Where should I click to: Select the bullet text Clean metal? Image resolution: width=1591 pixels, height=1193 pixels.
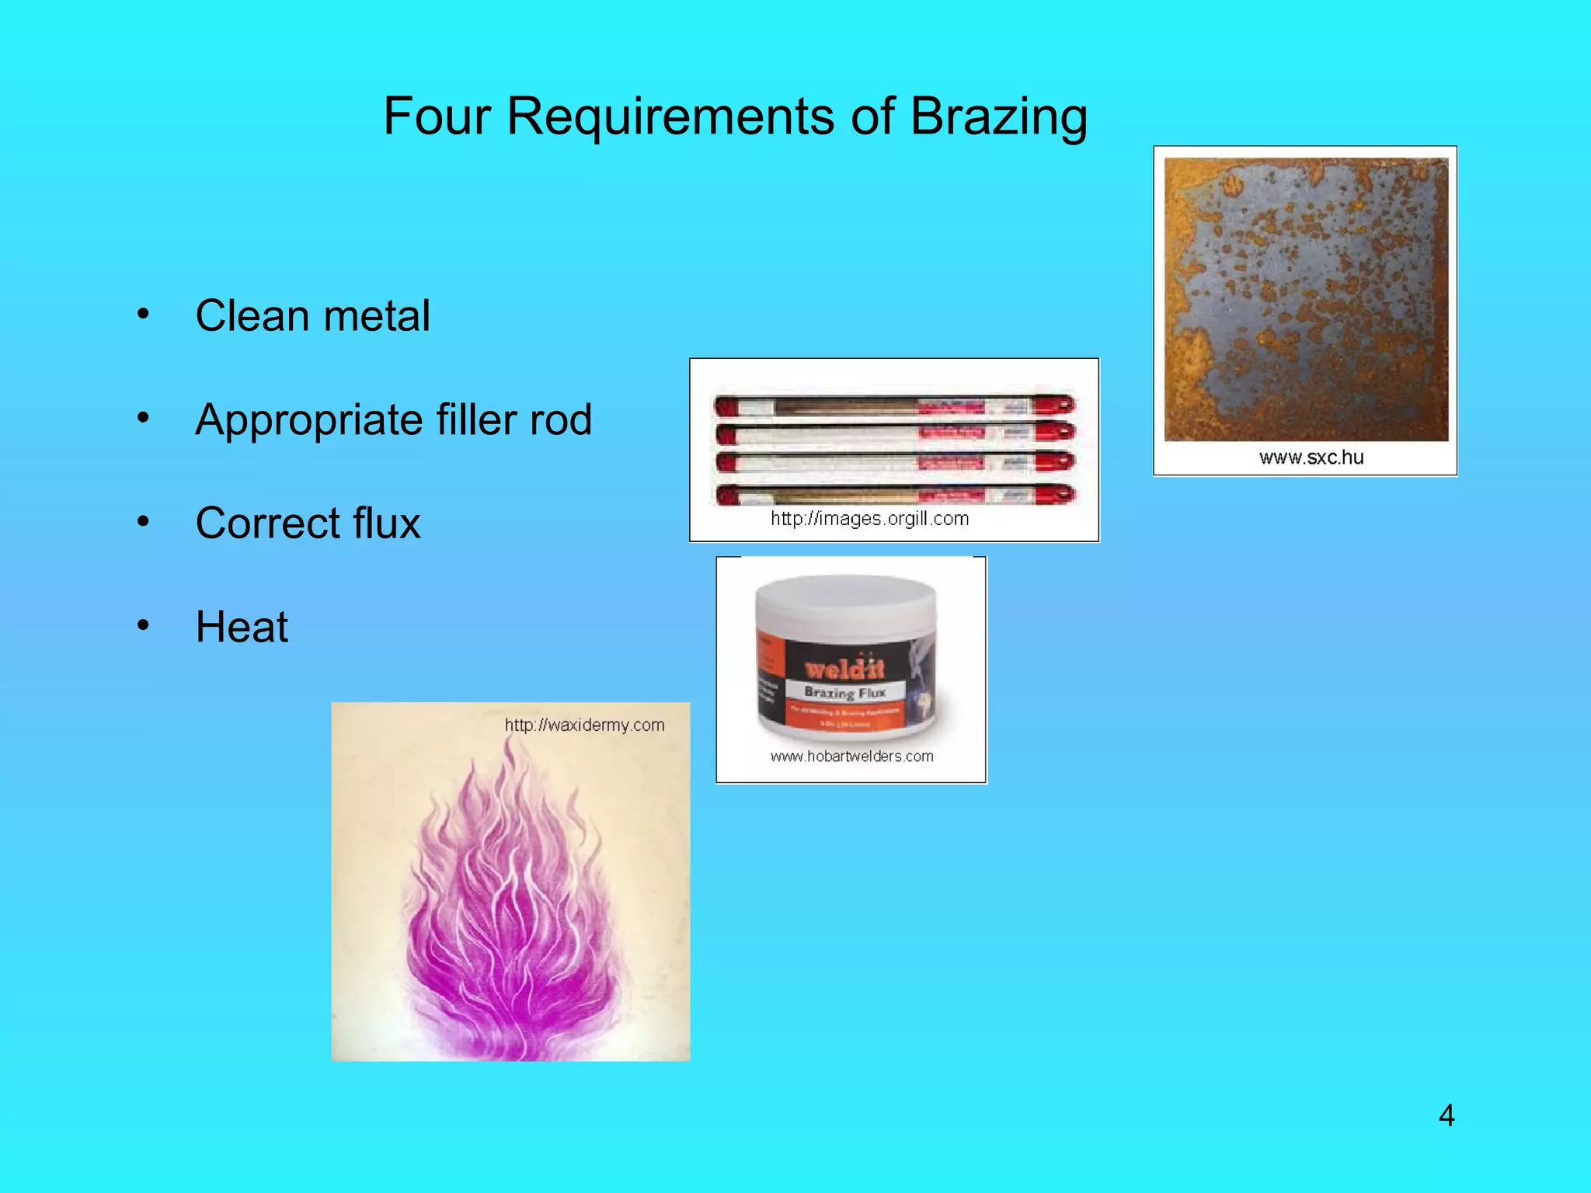click(x=312, y=316)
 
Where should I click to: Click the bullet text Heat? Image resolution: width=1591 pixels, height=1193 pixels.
click(x=242, y=627)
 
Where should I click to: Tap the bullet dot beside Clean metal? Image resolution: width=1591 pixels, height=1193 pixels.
click(x=143, y=314)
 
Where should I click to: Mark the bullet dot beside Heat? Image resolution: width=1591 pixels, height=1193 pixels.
click(x=143, y=624)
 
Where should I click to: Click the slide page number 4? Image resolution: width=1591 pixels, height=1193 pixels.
click(x=1446, y=1115)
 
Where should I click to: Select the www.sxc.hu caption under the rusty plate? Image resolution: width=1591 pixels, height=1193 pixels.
click(x=1311, y=457)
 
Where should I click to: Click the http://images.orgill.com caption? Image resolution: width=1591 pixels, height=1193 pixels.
click(x=869, y=519)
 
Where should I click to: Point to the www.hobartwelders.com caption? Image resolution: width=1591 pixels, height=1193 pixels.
click(x=851, y=756)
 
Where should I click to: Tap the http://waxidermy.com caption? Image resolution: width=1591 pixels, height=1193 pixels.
click(x=584, y=725)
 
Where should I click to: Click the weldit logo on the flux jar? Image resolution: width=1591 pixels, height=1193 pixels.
click(x=844, y=668)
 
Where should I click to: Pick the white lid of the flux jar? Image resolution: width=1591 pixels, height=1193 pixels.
click(x=845, y=601)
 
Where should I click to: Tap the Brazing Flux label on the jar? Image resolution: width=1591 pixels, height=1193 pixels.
click(x=844, y=692)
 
